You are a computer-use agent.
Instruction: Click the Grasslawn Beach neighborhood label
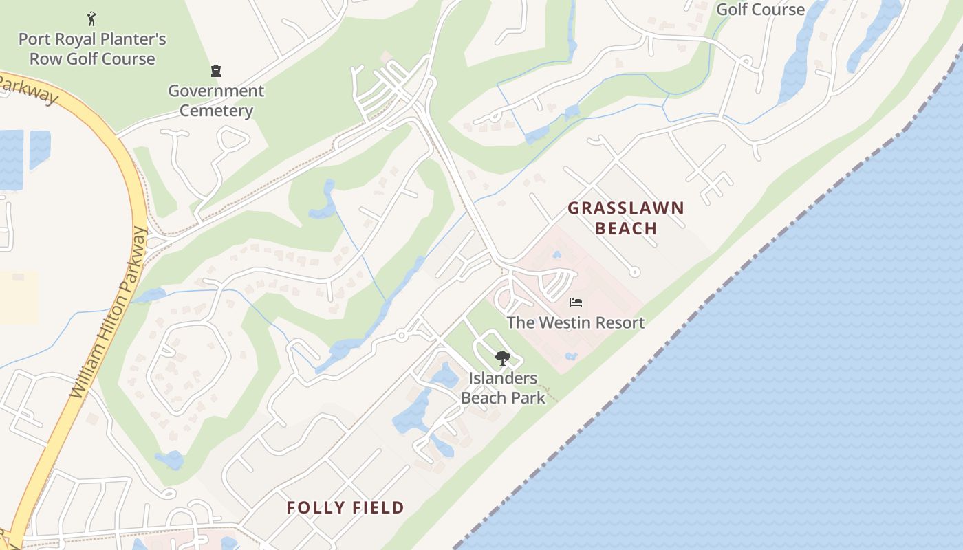pyautogui.click(x=625, y=218)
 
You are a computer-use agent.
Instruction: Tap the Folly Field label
pyautogui.click(x=345, y=508)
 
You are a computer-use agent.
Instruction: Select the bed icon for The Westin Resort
pyautogui.click(x=575, y=302)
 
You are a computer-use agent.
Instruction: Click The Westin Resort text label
pyautogui.click(x=575, y=322)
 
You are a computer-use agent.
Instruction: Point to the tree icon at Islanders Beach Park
pyautogui.click(x=502, y=357)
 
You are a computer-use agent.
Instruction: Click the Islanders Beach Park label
pyautogui.click(x=503, y=388)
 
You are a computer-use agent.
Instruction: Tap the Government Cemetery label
pyautogui.click(x=216, y=100)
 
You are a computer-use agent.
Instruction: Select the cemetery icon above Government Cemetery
pyautogui.click(x=216, y=71)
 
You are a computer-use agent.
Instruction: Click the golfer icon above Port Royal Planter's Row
pyautogui.click(x=91, y=19)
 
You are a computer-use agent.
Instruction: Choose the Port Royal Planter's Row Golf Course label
pyautogui.click(x=92, y=49)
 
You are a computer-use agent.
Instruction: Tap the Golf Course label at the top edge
pyautogui.click(x=760, y=10)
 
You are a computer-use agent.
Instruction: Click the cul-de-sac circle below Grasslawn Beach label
pyautogui.click(x=635, y=272)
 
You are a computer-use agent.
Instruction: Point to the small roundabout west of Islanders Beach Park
pyautogui.click(x=401, y=335)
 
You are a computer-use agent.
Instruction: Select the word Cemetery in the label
pyautogui.click(x=216, y=111)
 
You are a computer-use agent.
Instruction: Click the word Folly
pyautogui.click(x=314, y=508)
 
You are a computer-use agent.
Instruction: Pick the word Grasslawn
pyautogui.click(x=625, y=208)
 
